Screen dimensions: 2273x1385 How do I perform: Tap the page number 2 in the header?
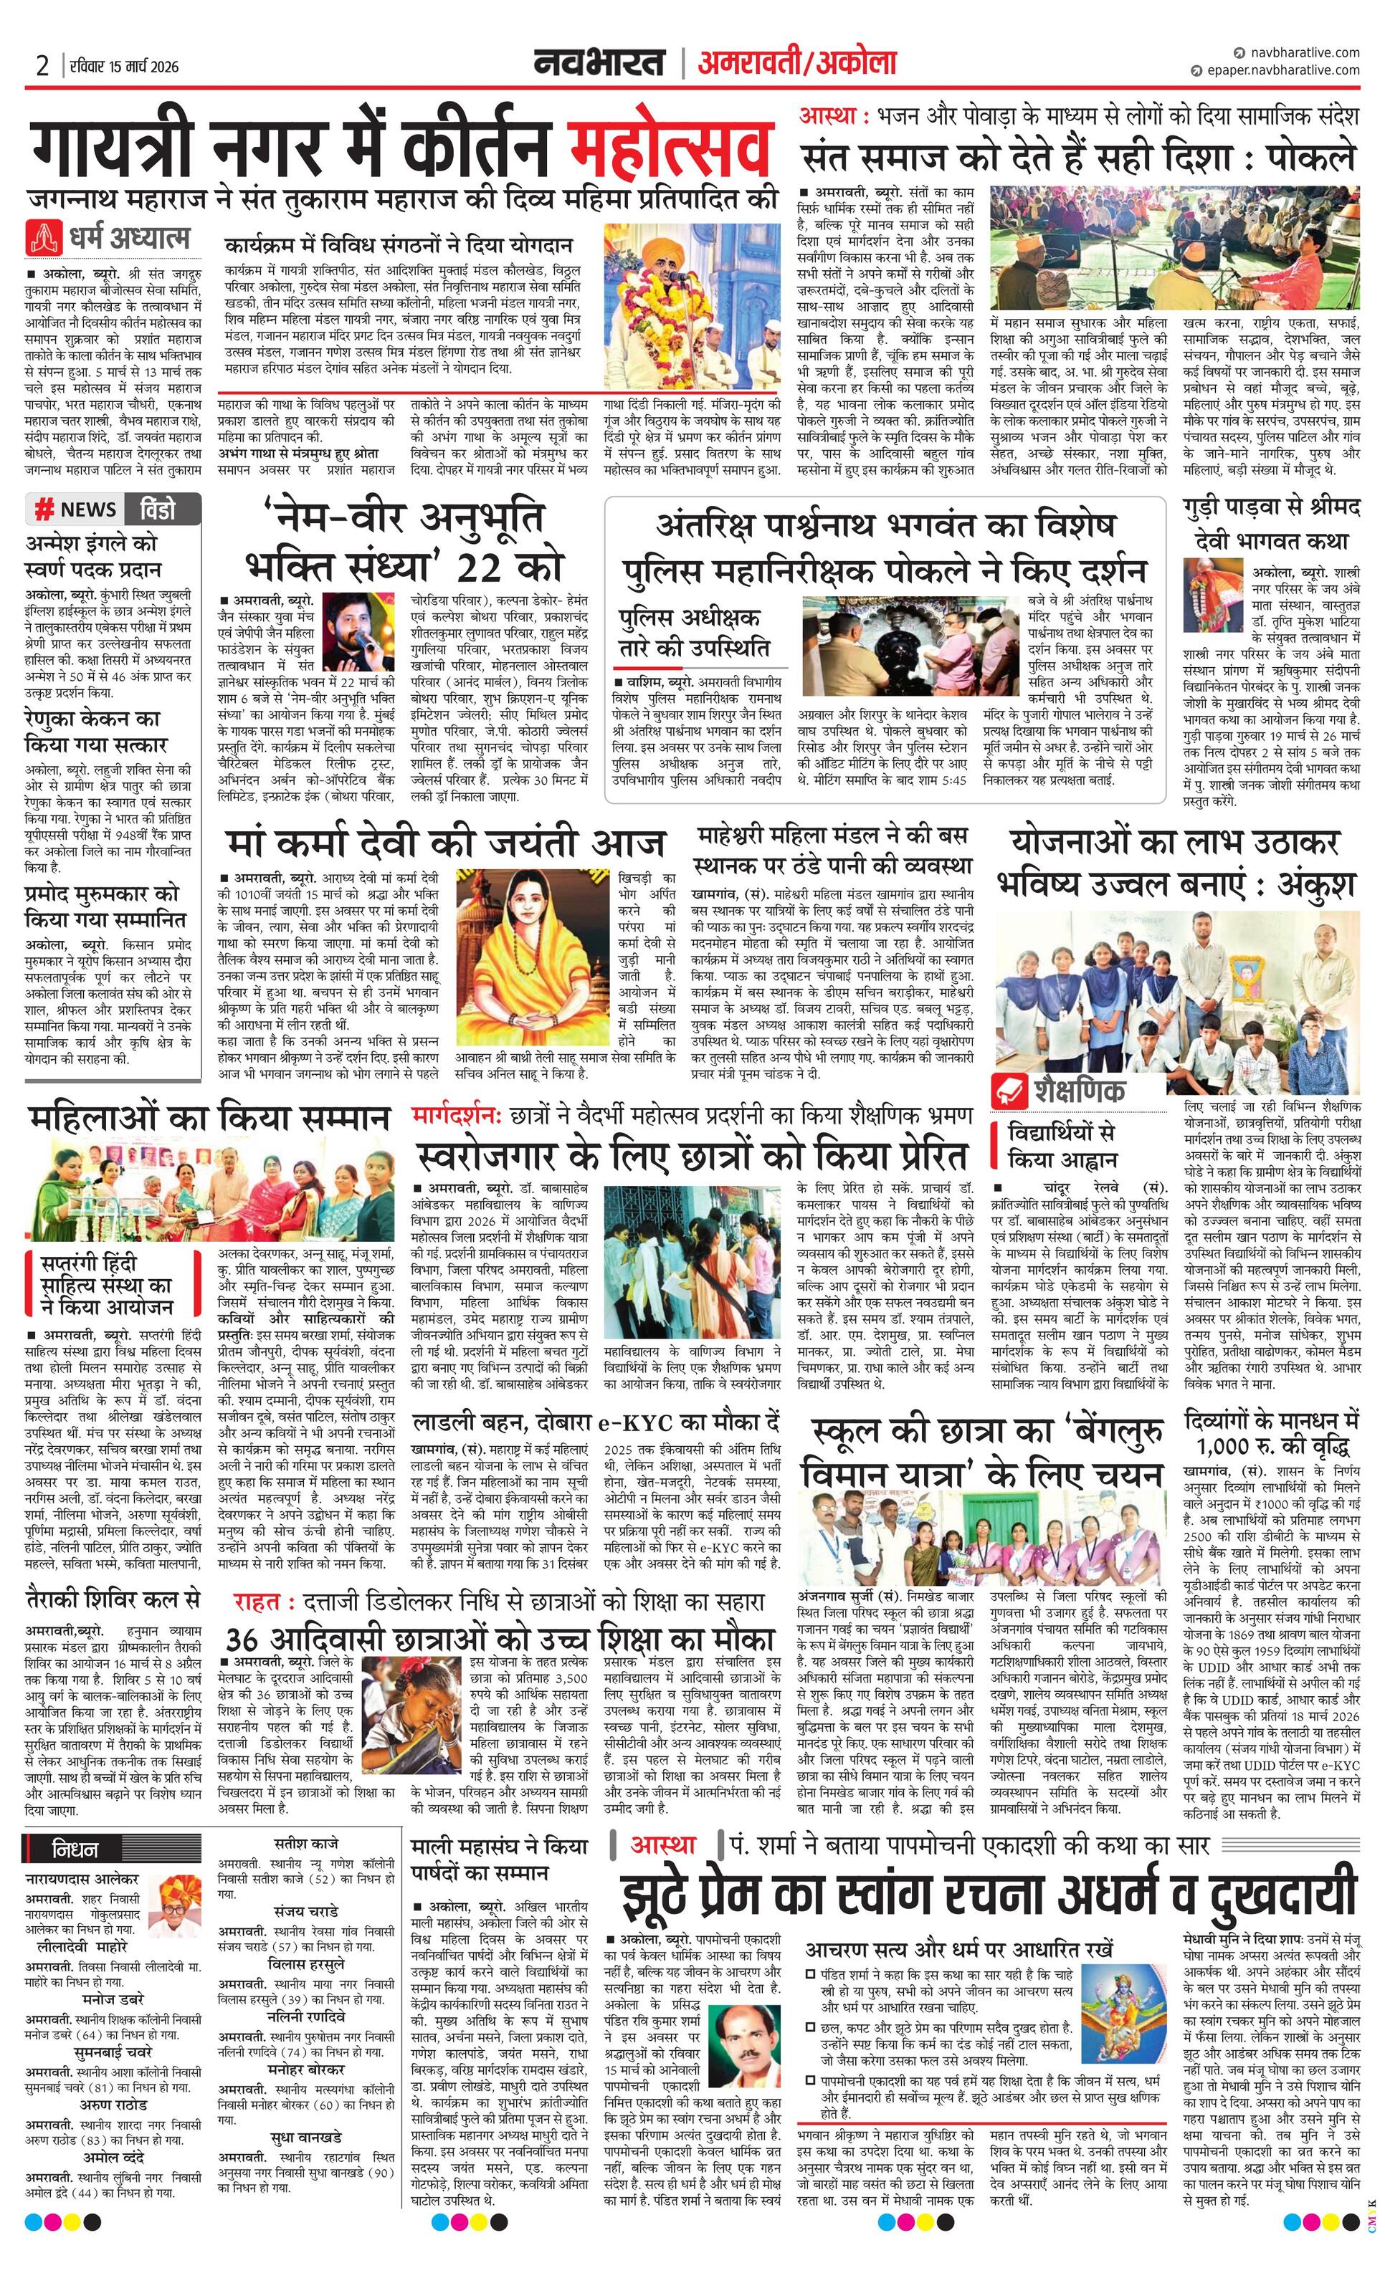click(42, 65)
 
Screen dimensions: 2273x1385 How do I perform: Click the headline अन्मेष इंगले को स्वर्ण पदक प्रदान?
click(93, 556)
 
